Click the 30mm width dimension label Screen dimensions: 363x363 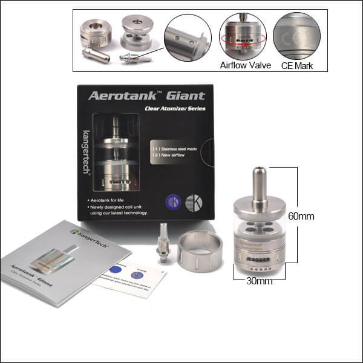point(259,281)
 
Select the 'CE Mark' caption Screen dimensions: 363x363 point(297,65)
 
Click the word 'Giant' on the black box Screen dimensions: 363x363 point(183,96)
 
